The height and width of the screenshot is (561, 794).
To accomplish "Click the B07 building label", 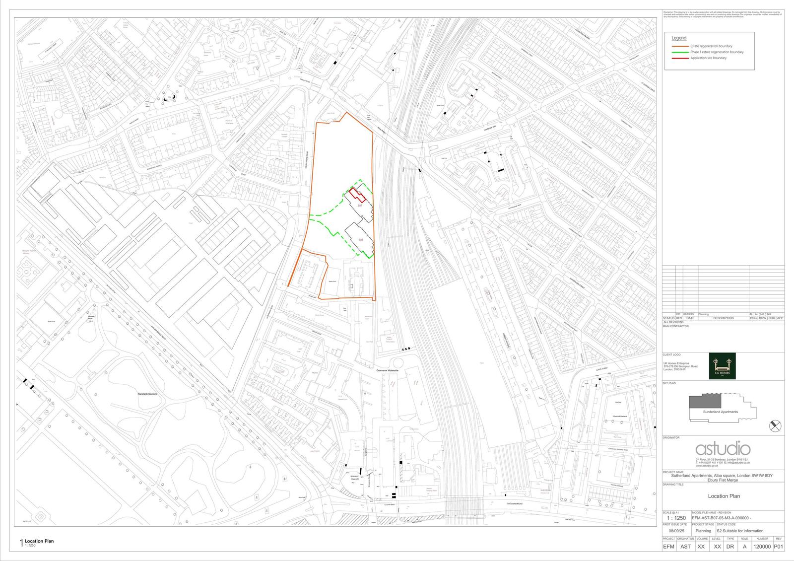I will click(360, 205).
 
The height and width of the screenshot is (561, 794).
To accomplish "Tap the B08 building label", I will click(361, 240).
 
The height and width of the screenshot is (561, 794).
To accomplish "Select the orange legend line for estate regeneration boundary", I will click(680, 46).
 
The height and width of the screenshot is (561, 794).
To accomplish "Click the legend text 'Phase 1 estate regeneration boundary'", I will click(717, 52).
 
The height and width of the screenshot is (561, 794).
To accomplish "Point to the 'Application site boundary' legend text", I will click(708, 58).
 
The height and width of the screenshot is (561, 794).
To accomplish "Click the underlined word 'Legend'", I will click(679, 38).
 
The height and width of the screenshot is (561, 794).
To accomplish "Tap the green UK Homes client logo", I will click(722, 366).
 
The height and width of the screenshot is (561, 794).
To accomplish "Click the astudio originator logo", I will click(723, 449).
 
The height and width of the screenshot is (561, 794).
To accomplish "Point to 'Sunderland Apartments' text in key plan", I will click(721, 412).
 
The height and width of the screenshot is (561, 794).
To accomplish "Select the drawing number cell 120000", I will click(762, 546).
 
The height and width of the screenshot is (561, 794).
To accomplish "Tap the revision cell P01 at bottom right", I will click(779, 546).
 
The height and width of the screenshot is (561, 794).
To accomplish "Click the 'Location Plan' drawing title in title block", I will click(724, 496).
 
